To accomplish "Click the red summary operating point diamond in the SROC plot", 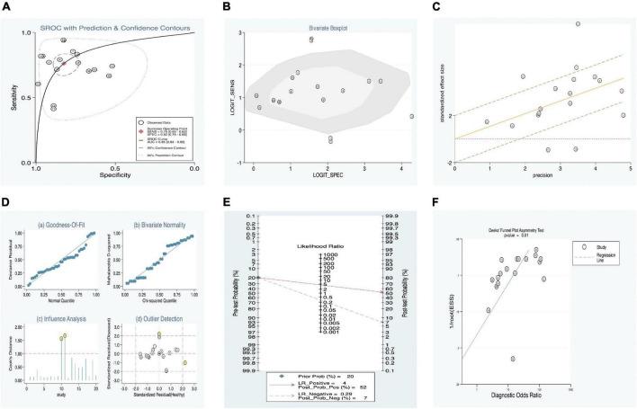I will click(x=64, y=63).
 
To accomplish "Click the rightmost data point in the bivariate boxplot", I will click(x=412, y=116).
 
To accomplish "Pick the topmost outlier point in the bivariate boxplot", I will click(x=311, y=40).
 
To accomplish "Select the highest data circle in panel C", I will click(x=578, y=24).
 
